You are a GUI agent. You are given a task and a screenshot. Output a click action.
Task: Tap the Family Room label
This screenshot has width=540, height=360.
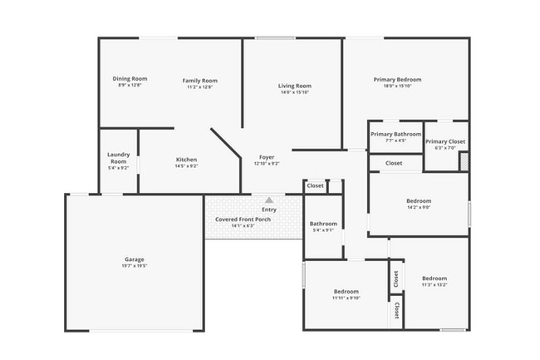(199, 80)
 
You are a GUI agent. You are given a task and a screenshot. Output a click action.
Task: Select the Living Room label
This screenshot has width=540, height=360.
(294, 86)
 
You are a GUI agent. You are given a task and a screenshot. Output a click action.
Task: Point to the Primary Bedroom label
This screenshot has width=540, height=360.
(402, 79)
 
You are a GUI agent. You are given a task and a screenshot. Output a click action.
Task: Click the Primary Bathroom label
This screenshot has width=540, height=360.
(395, 134)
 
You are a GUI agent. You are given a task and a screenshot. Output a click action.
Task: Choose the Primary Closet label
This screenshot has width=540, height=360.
(445, 141)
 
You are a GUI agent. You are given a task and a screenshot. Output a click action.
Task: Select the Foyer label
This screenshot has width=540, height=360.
(267, 156)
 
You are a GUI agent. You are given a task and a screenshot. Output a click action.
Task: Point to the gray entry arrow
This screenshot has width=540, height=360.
(268, 200)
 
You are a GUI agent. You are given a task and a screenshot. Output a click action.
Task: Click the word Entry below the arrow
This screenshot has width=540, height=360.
(269, 209)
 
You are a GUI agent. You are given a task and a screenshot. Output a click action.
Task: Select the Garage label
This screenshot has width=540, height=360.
(135, 259)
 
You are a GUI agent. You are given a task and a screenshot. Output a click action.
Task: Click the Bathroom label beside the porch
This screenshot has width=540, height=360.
(323, 223)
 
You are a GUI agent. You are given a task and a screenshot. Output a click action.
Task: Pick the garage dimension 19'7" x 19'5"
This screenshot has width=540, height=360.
(135, 267)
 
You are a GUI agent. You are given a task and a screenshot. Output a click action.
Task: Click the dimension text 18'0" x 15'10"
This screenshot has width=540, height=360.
(402, 86)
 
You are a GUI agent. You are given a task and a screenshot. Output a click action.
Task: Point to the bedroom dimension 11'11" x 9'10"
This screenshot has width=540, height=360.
(346, 298)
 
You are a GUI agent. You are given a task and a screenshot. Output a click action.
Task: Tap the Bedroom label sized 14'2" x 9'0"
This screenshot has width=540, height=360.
(419, 200)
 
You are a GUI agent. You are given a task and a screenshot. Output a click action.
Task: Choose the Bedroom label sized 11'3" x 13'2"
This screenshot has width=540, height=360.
(434, 278)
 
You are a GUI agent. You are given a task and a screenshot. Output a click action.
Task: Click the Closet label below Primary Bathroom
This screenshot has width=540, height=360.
(394, 163)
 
